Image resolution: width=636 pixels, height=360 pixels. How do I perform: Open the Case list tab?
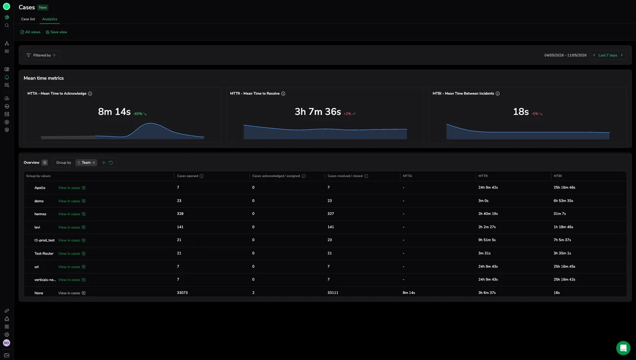tap(28, 19)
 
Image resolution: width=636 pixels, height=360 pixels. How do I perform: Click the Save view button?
tap(56, 32)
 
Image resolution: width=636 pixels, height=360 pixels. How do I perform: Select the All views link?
tap(30, 32)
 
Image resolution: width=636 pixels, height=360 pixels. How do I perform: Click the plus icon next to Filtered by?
tap(54, 55)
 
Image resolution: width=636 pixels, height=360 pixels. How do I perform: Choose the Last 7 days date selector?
tap(608, 55)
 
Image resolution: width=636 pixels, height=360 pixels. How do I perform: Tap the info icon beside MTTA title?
tap(90, 93)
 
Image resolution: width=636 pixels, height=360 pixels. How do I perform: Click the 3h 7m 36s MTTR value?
tap(318, 112)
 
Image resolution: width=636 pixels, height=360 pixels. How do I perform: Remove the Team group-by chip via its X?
tap(94, 163)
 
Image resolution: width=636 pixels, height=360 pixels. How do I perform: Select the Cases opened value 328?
tap(180, 214)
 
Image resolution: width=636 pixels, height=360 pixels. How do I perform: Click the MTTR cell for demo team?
tap(483, 200)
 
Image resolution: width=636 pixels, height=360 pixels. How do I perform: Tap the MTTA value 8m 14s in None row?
tap(409, 293)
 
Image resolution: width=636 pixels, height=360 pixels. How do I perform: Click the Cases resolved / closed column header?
tap(345, 176)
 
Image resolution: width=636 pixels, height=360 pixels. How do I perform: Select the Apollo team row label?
tap(40, 188)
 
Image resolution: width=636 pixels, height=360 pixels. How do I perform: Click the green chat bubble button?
tap(623, 348)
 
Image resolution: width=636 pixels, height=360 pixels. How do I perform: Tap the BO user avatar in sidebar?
tap(6, 343)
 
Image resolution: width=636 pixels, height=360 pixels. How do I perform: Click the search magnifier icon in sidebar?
tap(7, 25)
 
